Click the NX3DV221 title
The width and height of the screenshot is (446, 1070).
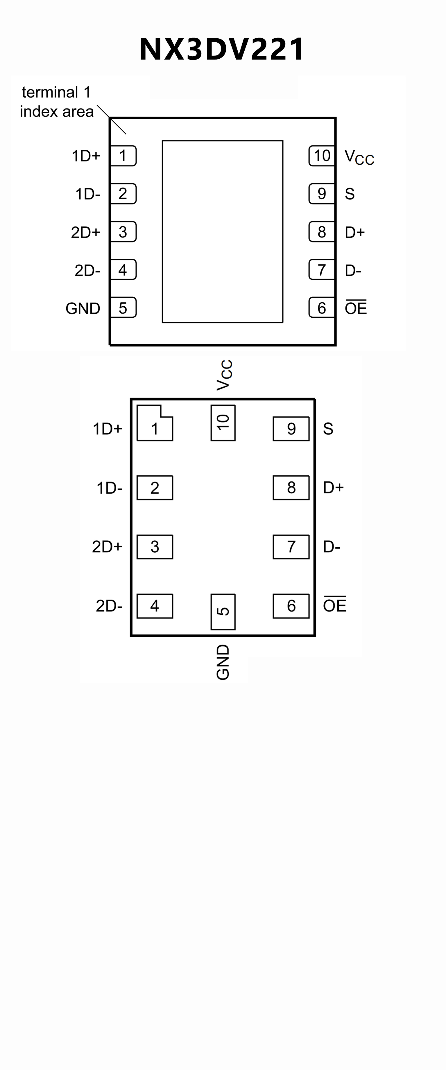tap(222, 49)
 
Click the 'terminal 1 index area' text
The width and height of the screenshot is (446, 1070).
tap(57, 102)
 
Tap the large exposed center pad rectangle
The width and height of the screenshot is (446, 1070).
tap(222, 231)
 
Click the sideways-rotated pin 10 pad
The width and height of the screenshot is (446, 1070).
tap(223, 422)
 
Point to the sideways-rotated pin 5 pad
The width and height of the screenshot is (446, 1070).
tap(223, 612)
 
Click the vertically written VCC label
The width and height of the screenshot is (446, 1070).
tap(224, 375)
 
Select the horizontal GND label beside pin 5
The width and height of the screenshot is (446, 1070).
tap(83, 308)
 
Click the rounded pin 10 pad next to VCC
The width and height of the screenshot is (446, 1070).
tap(322, 156)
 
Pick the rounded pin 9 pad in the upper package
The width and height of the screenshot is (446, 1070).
tap(322, 194)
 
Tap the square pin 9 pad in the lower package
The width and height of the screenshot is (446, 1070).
tap(291, 429)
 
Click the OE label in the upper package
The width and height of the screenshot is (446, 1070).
tap(356, 308)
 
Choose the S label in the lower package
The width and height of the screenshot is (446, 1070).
tap(328, 429)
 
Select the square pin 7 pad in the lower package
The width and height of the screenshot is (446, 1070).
tap(291, 547)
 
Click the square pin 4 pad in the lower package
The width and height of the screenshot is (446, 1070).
tap(155, 606)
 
